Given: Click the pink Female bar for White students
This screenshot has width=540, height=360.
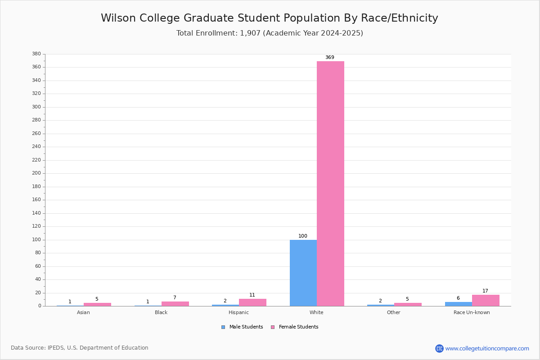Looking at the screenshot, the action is click(330, 184).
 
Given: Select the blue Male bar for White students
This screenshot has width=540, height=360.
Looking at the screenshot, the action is click(303, 273).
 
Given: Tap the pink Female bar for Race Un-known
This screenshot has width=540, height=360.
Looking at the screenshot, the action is click(486, 301).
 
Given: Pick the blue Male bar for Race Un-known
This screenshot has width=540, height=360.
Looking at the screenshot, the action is click(459, 304).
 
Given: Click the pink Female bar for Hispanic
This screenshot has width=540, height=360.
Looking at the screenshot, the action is click(252, 302).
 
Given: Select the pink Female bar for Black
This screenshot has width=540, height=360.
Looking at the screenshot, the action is click(175, 304).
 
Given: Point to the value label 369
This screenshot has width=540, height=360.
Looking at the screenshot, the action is click(330, 58).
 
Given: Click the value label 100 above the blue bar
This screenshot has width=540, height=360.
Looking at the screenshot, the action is click(303, 236).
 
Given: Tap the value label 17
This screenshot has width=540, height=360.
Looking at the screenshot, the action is click(485, 291).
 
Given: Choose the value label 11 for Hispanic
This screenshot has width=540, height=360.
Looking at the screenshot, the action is click(252, 295).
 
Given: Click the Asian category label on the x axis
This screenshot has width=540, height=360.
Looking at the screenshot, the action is click(83, 312).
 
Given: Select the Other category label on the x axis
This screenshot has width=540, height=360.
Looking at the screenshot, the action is click(394, 312).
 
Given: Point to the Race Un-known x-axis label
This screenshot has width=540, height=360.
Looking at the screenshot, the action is click(472, 312).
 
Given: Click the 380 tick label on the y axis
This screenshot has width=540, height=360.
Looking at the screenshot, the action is click(36, 54).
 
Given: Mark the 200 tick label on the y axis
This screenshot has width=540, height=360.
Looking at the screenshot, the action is click(36, 173).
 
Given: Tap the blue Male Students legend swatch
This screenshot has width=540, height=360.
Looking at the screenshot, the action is click(223, 327).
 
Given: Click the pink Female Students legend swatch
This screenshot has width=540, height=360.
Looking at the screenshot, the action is click(273, 327).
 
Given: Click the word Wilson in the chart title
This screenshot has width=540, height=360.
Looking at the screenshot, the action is click(118, 18).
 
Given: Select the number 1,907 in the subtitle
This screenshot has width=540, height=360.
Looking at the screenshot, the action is click(250, 33).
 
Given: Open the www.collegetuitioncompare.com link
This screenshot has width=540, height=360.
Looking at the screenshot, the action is click(487, 348).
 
